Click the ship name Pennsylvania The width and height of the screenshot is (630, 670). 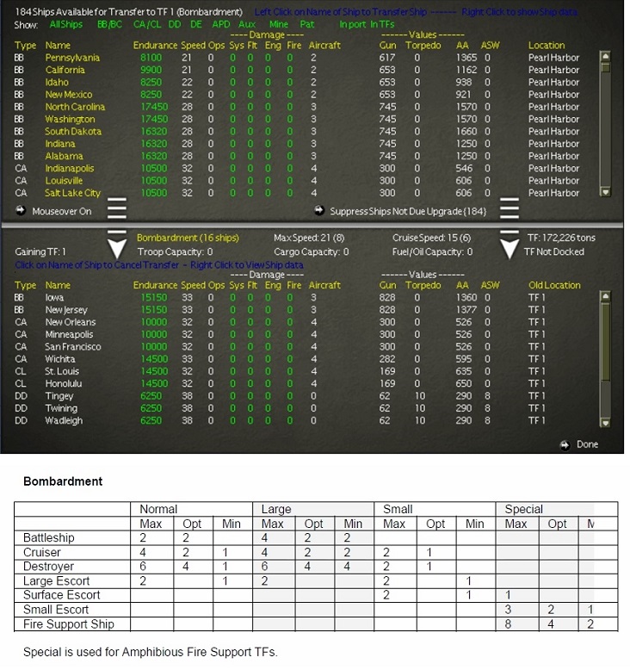(x=72, y=58)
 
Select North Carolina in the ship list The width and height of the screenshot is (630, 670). (x=75, y=107)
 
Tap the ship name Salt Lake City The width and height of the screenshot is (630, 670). (x=72, y=193)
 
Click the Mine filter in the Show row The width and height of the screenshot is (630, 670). (x=278, y=25)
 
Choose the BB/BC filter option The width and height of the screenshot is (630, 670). (x=109, y=25)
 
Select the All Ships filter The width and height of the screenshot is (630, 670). (x=66, y=25)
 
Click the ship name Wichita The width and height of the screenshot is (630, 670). (x=60, y=359)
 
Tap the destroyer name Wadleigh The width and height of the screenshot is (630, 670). (x=64, y=421)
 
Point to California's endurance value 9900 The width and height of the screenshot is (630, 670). (x=150, y=70)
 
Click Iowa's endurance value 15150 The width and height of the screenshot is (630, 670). (x=150, y=298)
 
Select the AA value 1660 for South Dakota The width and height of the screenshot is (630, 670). (x=466, y=132)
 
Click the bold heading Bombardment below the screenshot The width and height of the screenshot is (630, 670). (x=63, y=481)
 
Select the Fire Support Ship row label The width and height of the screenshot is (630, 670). (x=68, y=624)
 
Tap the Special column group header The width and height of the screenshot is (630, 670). (x=523, y=509)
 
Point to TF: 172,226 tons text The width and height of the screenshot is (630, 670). (x=560, y=238)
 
